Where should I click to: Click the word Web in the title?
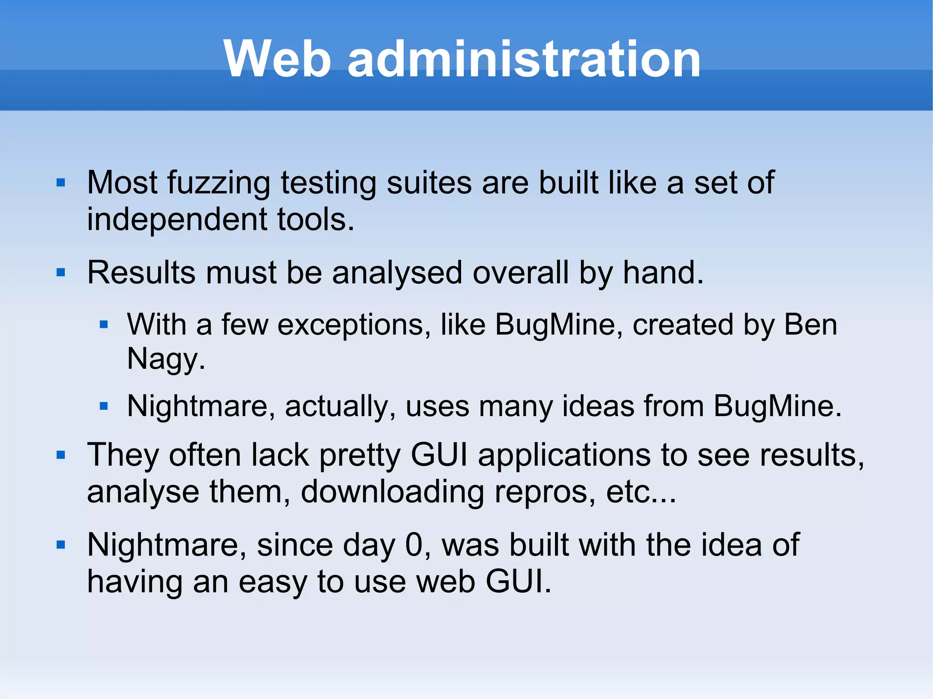point(277,59)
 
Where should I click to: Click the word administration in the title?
point(524,59)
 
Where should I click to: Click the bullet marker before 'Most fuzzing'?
point(61,183)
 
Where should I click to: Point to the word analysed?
point(397,273)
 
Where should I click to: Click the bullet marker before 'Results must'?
point(61,273)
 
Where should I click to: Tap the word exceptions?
point(354,325)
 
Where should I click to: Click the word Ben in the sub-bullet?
point(810,325)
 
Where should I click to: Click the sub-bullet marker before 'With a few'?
point(104,325)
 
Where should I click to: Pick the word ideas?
point(598,406)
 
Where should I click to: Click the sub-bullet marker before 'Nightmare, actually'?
point(104,406)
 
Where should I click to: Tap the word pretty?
point(360,455)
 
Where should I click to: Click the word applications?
point(564,455)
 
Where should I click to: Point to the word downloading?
point(392,492)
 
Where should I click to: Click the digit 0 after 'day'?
point(414,545)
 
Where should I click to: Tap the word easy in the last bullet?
point(272,582)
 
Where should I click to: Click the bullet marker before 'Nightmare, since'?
point(61,545)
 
